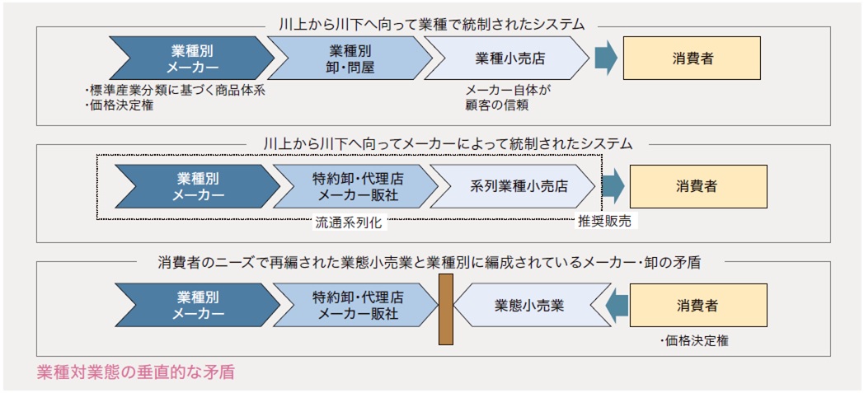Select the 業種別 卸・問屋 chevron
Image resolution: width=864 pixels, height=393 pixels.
[350, 58]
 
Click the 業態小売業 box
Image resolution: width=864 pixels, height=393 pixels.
[528, 305]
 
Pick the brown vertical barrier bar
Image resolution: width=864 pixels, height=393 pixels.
[446, 309]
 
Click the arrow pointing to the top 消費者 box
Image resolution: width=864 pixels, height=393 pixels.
[606, 58]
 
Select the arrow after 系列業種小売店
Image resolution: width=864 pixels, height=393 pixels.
[613, 186]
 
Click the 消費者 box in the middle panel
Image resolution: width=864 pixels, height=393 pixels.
[697, 186]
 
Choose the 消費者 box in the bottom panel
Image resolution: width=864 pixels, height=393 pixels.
[697, 305]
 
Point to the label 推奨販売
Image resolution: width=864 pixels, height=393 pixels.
[606, 222]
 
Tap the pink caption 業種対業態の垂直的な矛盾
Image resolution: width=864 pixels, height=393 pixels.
[136, 372]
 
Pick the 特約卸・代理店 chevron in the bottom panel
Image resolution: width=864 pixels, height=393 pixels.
[356, 305]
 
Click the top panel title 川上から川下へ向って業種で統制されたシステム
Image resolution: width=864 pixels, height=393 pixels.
[431, 25]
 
